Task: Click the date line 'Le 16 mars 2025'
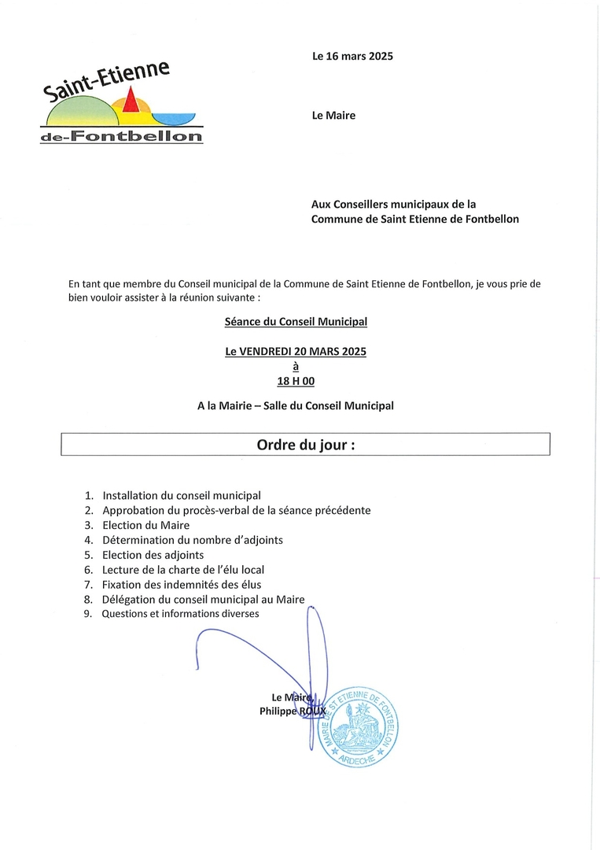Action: click(352, 56)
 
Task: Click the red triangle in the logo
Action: click(131, 101)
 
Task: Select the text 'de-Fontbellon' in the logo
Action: click(121, 137)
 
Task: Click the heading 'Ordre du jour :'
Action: click(305, 445)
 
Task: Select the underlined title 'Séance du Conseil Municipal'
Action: click(296, 321)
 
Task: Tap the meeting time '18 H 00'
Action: click(296, 381)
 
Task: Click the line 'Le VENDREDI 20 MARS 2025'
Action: click(296, 352)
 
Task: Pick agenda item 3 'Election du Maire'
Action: click(145, 525)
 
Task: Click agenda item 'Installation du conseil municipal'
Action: click(181, 496)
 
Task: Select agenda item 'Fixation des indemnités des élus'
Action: click(181, 585)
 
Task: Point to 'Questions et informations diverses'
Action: click(180, 614)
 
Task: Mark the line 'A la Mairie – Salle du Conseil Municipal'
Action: click(296, 406)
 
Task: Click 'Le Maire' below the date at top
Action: click(333, 116)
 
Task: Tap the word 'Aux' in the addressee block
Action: click(320, 204)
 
